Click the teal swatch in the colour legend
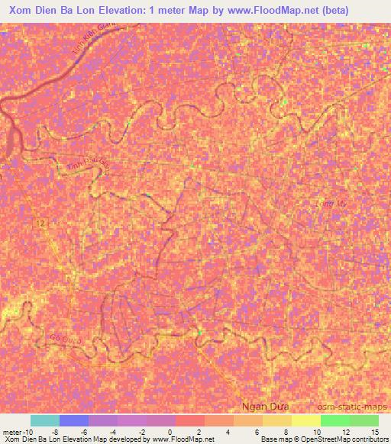click(x=45, y=420)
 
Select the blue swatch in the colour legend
click(x=74, y=420)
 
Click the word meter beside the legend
click(x=12, y=431)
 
